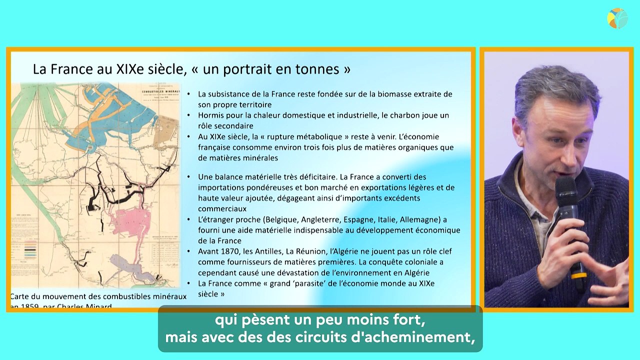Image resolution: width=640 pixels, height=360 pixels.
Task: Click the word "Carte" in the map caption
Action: pyautogui.click(x=21, y=296)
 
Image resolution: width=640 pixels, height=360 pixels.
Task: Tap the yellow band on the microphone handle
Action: pyautogui.click(x=579, y=275)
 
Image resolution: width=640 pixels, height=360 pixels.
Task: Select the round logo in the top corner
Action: pyautogui.click(x=617, y=18)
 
